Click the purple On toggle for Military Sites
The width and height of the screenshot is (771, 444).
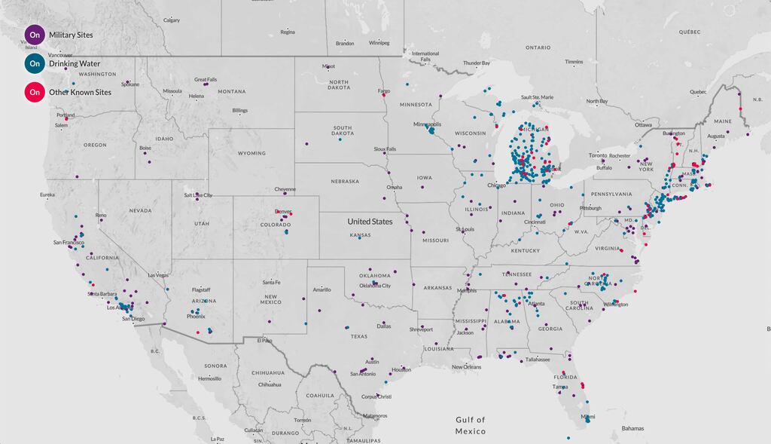coord(35,35)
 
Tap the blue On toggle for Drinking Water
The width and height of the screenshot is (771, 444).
coord(35,63)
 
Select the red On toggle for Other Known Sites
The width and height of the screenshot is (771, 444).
coord(35,92)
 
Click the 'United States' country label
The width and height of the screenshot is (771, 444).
coord(370,222)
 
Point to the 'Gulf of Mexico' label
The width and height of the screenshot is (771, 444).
coord(471,425)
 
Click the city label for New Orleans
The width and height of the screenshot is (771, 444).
coord(467,367)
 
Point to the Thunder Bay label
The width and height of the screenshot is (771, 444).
coord(476,63)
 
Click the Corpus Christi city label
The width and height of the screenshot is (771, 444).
coord(377,397)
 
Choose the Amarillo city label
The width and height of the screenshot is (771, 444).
coord(322,289)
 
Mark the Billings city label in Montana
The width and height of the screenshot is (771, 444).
coord(239,111)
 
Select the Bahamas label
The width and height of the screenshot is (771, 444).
coord(632,428)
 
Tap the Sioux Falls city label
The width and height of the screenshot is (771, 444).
coord(384,149)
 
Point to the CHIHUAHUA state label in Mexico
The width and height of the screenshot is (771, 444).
coord(269,372)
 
